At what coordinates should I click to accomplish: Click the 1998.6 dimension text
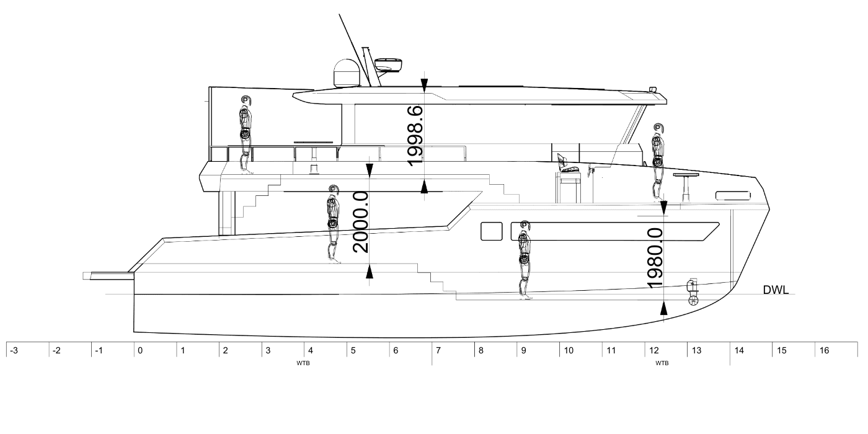pos(415,136)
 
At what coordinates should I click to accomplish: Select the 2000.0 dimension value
pos(360,222)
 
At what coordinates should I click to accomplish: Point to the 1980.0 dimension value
pos(655,259)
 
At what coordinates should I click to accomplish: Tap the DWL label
pos(776,290)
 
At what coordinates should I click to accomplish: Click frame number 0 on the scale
pos(140,351)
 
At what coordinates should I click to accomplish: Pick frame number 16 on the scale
pos(824,351)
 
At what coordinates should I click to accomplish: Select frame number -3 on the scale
pos(14,351)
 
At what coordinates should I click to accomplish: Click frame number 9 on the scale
pos(523,351)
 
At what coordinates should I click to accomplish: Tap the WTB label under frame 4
pos(303,363)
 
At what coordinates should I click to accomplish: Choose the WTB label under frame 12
pos(662,363)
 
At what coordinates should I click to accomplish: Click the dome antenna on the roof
pos(347,73)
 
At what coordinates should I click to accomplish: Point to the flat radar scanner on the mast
pos(388,64)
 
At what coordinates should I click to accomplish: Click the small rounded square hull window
pos(491,231)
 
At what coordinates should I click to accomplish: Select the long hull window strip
pos(615,231)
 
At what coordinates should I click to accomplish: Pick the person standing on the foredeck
pos(658,162)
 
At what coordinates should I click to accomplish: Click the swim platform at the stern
pos(108,276)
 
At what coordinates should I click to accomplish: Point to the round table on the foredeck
pos(686,188)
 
